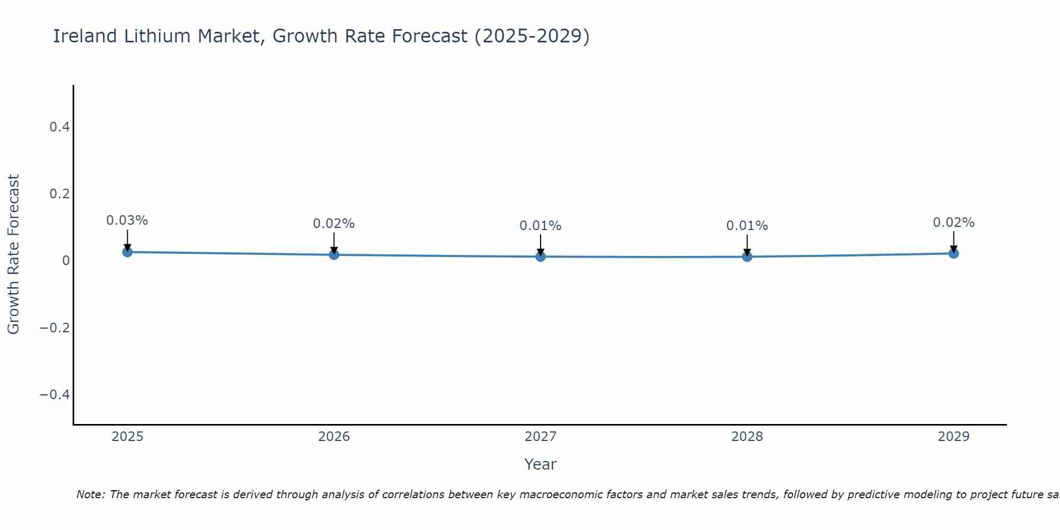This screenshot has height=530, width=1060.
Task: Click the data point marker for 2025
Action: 127,252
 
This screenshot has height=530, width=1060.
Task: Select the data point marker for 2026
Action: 334,254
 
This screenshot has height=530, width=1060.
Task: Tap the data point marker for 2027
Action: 541,257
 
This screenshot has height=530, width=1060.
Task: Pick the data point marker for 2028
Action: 747,257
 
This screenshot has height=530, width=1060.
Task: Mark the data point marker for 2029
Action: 953,253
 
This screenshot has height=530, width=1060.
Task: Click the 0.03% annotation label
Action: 127,220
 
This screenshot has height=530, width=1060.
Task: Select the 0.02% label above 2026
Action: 334,224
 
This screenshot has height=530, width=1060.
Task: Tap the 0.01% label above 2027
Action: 541,226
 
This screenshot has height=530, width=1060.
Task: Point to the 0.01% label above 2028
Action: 747,226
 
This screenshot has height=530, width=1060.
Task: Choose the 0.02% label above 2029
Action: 953,223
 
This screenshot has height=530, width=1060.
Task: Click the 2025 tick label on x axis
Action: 127,437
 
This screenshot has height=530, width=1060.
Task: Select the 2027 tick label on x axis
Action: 541,437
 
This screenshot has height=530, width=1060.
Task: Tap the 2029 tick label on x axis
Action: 953,437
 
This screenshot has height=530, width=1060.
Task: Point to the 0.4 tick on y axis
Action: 59,127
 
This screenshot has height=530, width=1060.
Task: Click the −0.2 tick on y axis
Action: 55,328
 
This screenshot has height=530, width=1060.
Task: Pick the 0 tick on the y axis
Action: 66,260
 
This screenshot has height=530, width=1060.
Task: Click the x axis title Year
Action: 540,464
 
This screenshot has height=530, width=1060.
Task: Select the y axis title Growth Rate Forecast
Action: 13,254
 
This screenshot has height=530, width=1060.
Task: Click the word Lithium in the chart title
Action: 157,36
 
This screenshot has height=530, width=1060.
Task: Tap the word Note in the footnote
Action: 90,494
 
